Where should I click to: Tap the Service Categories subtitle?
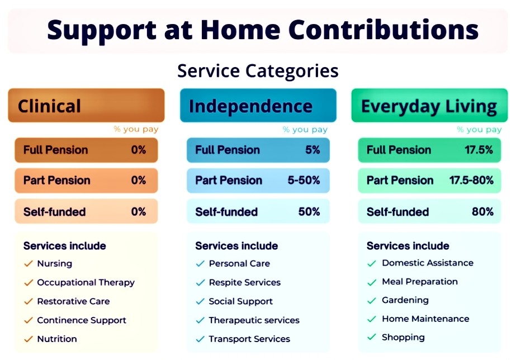258,71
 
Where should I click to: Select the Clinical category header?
86,106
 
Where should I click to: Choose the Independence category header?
258,106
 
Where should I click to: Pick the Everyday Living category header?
429,106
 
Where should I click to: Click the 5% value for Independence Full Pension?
312,150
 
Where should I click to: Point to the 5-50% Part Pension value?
304,181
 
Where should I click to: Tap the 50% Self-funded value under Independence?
309,212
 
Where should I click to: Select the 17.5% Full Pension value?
479,150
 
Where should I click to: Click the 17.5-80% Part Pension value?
471,181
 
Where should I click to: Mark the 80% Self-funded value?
483,212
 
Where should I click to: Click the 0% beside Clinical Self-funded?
139,212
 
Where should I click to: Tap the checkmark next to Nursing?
29,264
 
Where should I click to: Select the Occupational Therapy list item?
86,282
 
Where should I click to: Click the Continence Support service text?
82,320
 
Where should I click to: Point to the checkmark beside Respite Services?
200,282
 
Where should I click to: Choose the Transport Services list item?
249,339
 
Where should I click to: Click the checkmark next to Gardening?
372,301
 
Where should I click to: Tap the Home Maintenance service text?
425,319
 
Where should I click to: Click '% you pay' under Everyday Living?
479,130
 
